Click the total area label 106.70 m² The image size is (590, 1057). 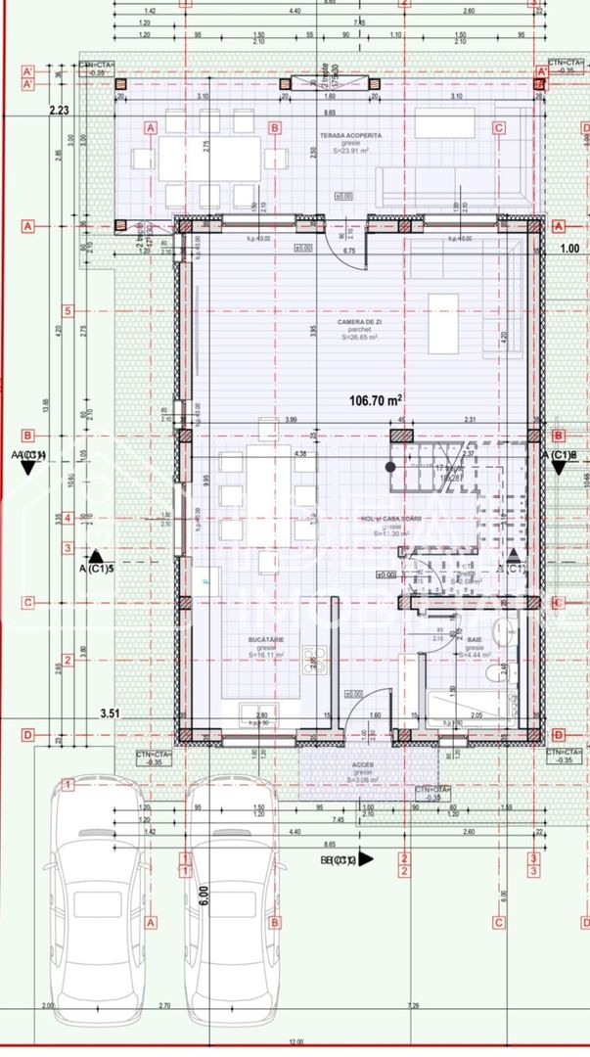(x=377, y=399)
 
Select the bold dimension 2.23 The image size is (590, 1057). (x=61, y=111)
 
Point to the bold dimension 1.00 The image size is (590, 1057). (x=570, y=248)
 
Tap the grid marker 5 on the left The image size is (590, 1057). (x=68, y=312)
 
